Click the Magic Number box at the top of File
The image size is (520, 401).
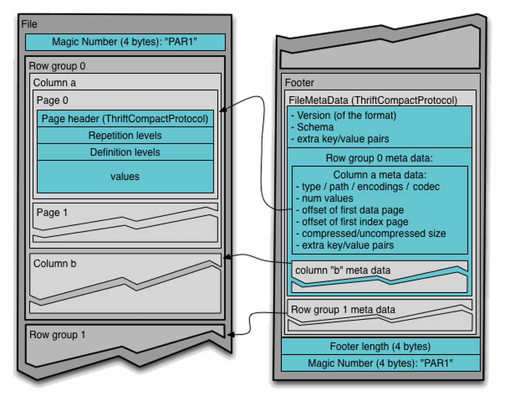pos(125,42)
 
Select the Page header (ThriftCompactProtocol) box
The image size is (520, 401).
pos(125,119)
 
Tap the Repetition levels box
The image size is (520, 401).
pos(125,135)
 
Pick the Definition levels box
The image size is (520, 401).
pos(125,152)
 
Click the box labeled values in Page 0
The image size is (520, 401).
pos(125,177)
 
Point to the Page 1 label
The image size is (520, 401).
pos(52,212)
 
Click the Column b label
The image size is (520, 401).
pos(55,264)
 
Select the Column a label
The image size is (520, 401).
pos(55,83)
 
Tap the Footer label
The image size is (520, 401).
pos(300,83)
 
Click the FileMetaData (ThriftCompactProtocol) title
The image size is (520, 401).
pos(373,100)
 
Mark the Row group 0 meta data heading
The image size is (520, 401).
pos(380,158)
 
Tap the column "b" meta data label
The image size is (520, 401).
pos(343,270)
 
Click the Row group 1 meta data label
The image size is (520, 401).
pos(343,309)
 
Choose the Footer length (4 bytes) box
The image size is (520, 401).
pos(380,346)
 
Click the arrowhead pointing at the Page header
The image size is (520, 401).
pos(223,110)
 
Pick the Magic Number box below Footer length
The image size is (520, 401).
pos(380,362)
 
